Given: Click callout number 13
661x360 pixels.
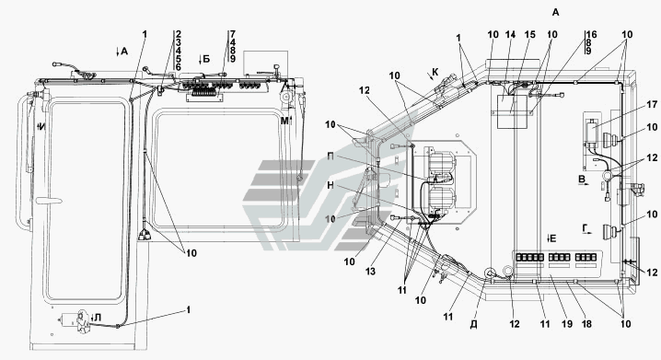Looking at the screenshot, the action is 371,272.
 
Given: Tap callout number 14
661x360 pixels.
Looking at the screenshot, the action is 511,35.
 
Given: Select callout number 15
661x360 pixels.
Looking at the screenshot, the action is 530,35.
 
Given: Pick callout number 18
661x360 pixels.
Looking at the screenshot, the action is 586,324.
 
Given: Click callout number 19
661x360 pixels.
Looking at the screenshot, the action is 567,324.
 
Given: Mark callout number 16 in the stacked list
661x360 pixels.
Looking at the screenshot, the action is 591,35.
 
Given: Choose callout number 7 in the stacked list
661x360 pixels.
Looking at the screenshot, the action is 233,35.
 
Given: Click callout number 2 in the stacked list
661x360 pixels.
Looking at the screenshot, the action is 179,35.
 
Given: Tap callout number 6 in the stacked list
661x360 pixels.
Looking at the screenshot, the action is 179,67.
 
